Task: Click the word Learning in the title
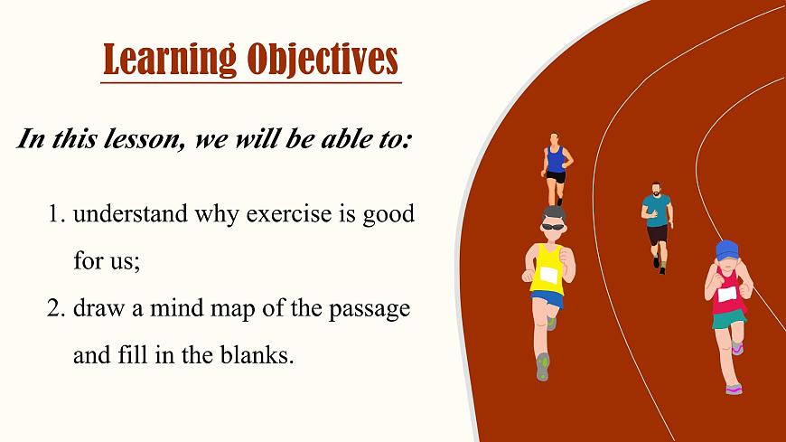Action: [170, 59]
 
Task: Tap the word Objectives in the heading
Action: [323, 59]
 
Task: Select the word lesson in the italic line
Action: [143, 138]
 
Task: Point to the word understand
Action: [130, 213]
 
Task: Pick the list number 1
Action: [57, 214]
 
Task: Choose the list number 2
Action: [56, 308]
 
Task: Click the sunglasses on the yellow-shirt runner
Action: [554, 227]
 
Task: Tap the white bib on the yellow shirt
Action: [549, 276]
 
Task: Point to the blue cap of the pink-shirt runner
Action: [727, 249]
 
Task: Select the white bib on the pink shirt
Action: [727, 294]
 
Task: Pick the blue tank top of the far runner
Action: [556, 161]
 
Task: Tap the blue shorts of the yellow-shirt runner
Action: [547, 299]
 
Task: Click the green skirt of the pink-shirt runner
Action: [729, 318]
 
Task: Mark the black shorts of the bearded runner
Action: [657, 235]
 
